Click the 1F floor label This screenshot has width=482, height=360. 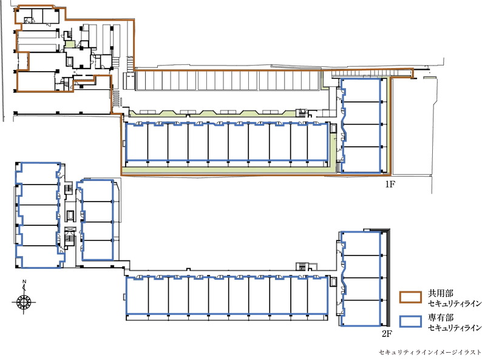click(x=390, y=184)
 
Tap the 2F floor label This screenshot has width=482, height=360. click(x=387, y=333)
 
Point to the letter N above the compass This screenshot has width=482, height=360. click(x=24, y=282)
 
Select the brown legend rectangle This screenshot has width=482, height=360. click(x=410, y=297)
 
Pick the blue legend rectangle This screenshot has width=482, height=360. click(x=410, y=321)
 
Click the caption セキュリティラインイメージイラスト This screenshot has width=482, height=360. click(x=430, y=352)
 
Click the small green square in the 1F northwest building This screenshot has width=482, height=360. click(x=69, y=44)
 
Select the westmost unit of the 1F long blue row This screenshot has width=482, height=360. click(x=137, y=141)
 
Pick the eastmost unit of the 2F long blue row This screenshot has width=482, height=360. click(x=317, y=296)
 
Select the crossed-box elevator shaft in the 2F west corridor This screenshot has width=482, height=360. click(x=70, y=230)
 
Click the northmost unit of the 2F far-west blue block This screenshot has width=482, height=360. click(x=38, y=174)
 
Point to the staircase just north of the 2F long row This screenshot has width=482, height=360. click(x=301, y=267)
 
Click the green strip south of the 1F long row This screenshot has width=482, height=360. click(x=228, y=171)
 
